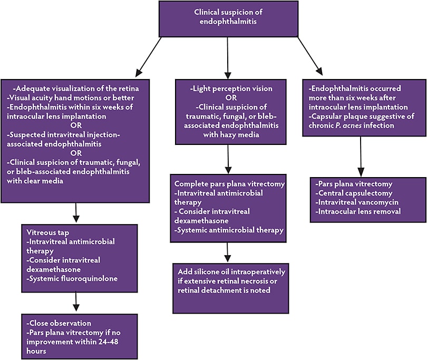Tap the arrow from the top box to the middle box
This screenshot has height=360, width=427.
(227, 55)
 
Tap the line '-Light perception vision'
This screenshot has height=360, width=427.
(230, 87)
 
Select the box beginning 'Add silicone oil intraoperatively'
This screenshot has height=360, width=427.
(230, 287)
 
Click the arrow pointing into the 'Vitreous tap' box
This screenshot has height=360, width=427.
(76, 213)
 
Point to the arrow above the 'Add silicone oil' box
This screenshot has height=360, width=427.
(227, 252)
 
